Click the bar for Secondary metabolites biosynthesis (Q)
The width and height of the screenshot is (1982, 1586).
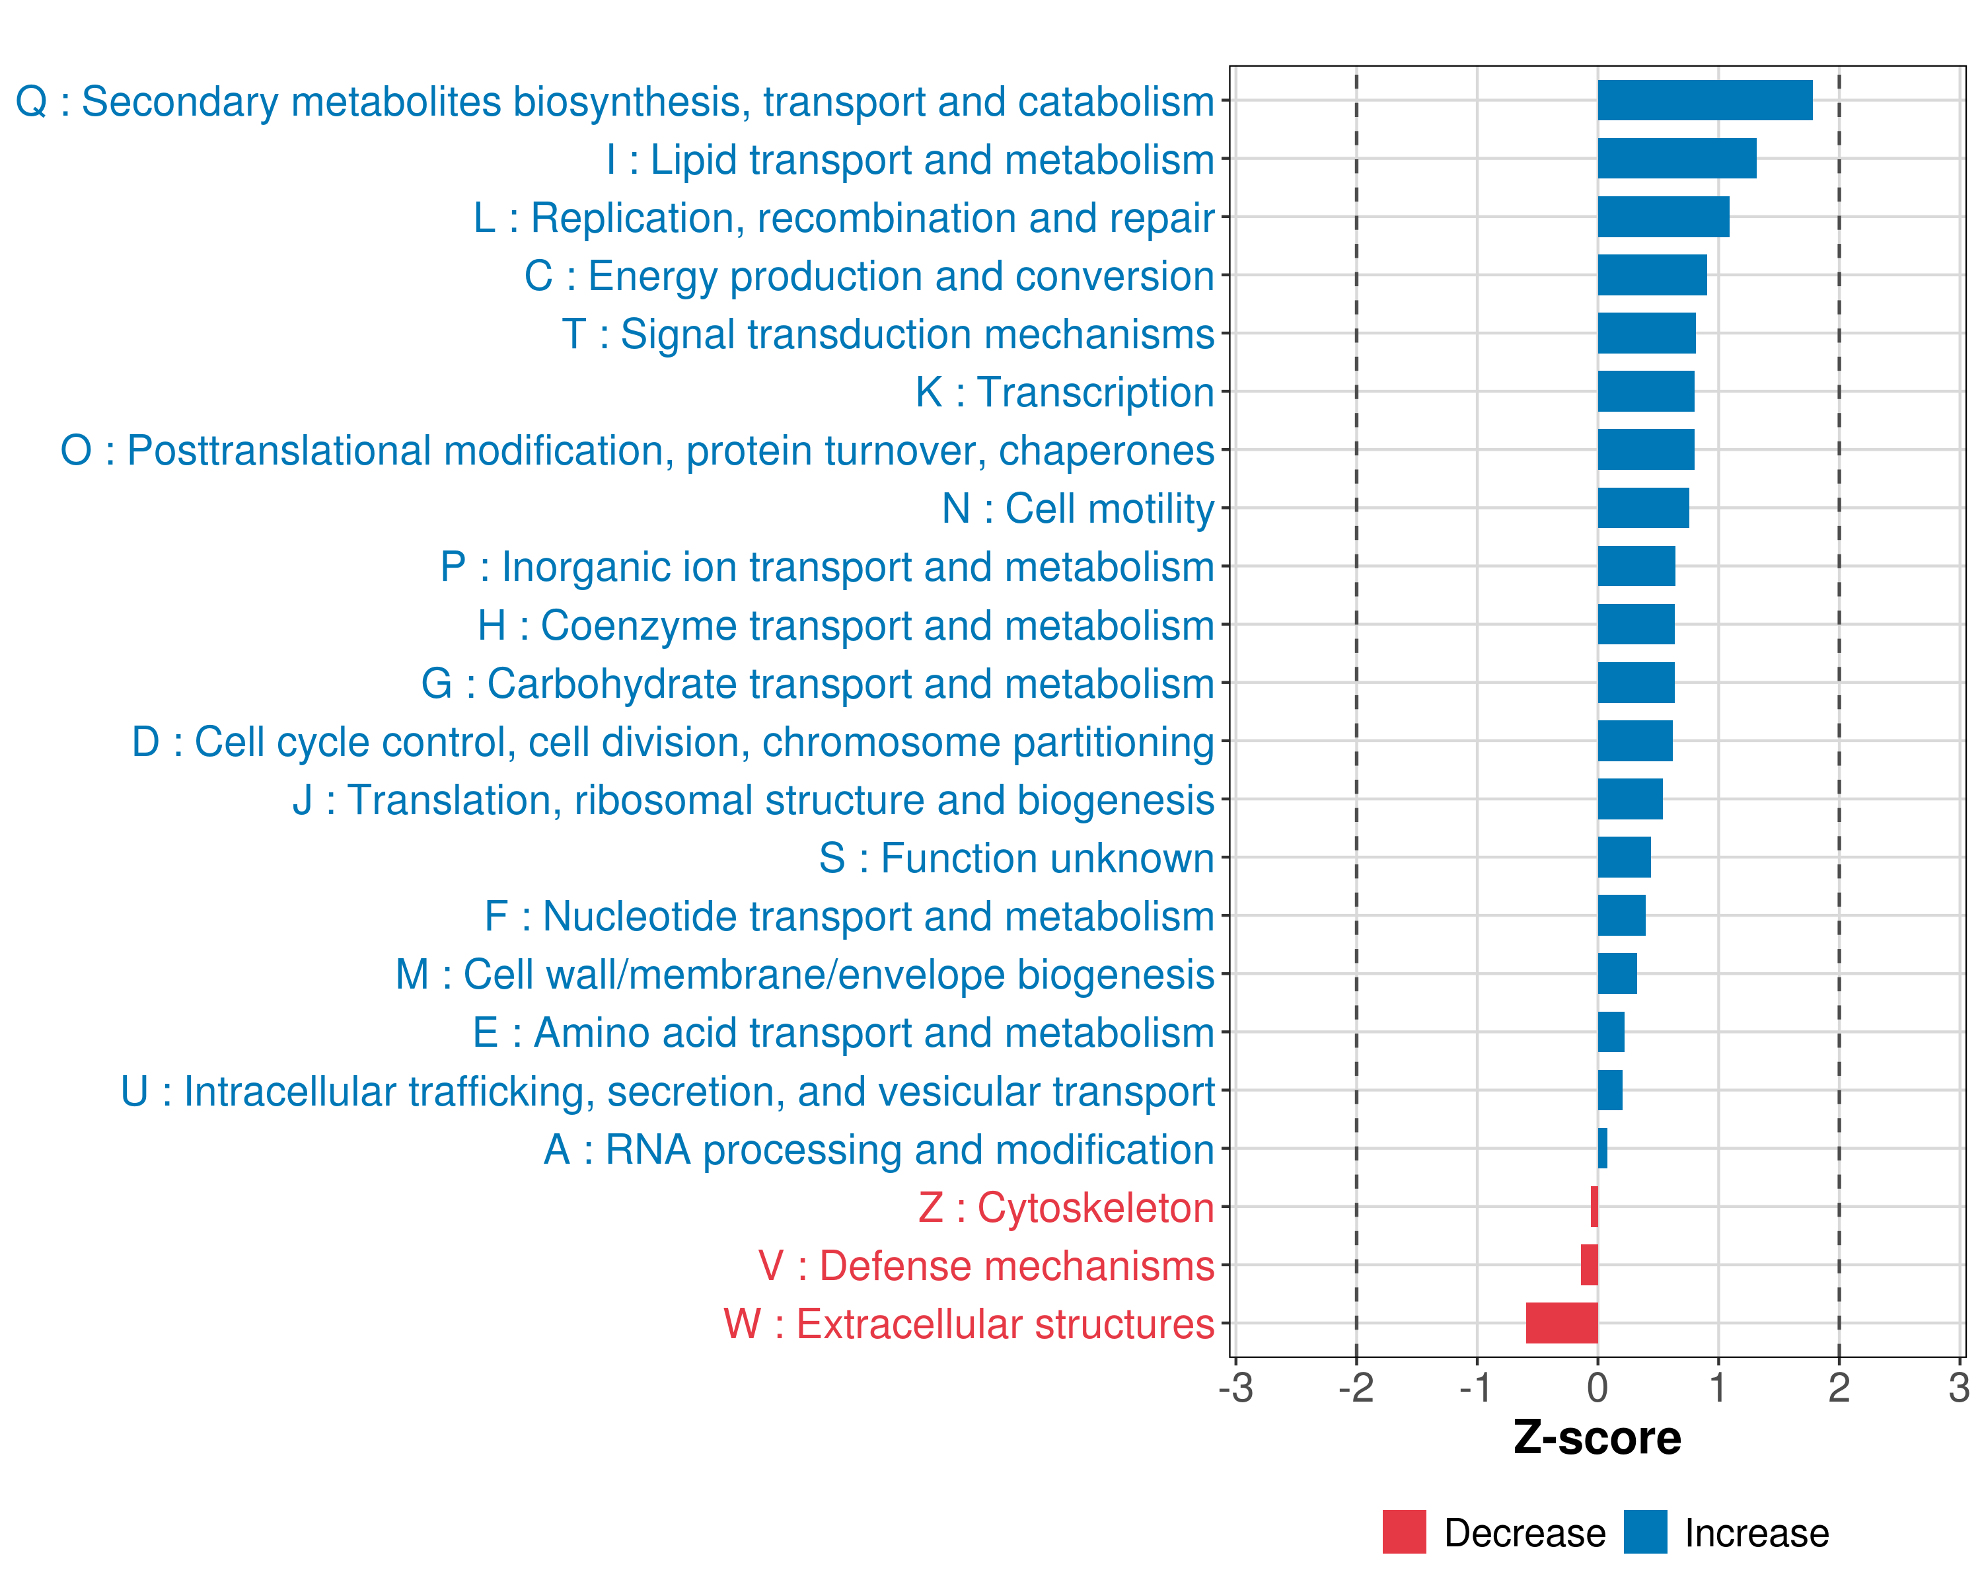[1705, 100]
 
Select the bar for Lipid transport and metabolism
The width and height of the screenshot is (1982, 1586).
[1676, 158]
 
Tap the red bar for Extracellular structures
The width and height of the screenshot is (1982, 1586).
[1561, 1323]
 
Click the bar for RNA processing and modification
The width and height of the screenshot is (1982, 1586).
[1602, 1149]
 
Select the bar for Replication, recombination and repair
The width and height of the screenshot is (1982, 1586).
[1663, 217]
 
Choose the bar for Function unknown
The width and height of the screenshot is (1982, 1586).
[1623, 857]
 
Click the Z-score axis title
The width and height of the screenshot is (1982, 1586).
[1597, 1438]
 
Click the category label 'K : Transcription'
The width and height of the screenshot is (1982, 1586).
[1064, 393]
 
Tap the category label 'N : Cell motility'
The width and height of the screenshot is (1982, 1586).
[1078, 508]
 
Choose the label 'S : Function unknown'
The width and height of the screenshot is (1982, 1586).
[1016, 858]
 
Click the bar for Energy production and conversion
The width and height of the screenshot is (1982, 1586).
[1652, 275]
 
